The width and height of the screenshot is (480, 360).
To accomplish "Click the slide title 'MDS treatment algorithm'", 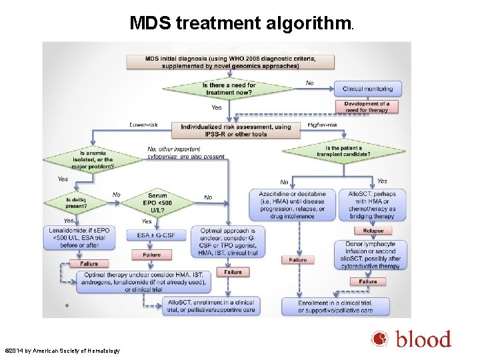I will (x=241, y=24).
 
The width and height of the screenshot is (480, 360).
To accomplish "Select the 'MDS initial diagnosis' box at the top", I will (x=231, y=61).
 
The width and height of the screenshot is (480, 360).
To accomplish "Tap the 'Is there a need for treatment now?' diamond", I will (x=229, y=89).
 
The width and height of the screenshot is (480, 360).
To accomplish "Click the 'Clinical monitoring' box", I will (x=368, y=89).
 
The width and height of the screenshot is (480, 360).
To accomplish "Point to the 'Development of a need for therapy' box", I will (x=367, y=107).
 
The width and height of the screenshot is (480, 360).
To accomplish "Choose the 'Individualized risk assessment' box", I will (x=232, y=130).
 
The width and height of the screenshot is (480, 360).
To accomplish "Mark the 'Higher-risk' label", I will (x=323, y=125).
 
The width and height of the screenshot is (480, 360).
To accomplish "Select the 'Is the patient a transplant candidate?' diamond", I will (x=343, y=151).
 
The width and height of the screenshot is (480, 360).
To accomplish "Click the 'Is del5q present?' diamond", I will (x=77, y=202).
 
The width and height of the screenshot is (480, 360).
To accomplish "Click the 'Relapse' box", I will (x=373, y=231).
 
